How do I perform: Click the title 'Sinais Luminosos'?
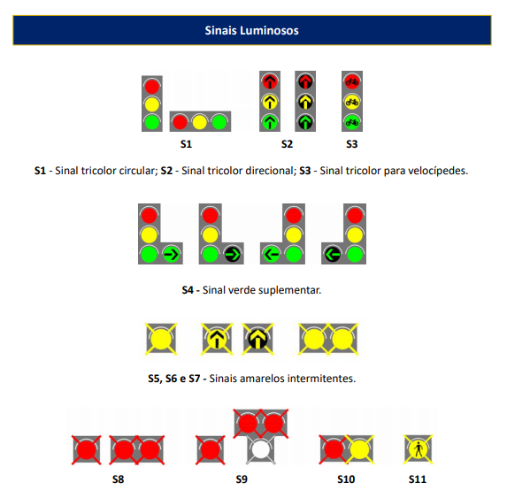coord(251,30)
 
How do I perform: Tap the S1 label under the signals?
coord(186,144)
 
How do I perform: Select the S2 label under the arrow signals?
coord(287,144)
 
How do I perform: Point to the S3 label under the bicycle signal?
coord(352,144)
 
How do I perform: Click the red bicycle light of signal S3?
coord(352,81)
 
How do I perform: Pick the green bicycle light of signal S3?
coord(352,122)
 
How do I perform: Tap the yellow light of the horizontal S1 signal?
coord(199,122)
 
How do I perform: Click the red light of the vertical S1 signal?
coord(152,87)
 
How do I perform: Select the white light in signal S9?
coord(261,450)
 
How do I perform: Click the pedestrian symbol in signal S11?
coord(419,449)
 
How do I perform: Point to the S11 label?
coord(418,479)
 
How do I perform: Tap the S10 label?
coord(346,479)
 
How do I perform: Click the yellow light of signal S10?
coord(359,449)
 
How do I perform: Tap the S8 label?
coord(118,479)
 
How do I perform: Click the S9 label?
coord(242,479)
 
